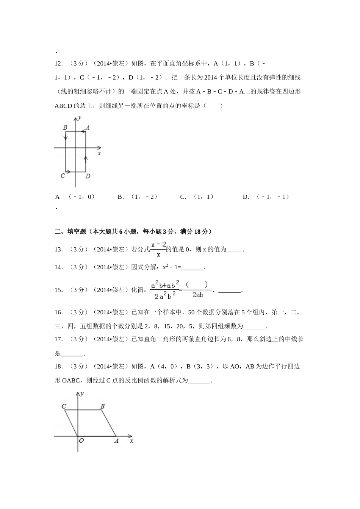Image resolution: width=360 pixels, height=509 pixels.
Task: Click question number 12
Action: tap(59, 64)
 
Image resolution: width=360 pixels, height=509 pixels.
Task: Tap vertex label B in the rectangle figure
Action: tap(65, 128)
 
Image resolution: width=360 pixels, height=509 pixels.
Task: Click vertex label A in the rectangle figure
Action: tap(88, 128)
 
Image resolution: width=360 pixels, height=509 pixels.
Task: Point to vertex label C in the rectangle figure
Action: tap(63, 176)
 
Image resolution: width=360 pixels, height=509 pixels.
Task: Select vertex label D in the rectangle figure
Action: tap(88, 176)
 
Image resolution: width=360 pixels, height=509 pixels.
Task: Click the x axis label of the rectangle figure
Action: tap(99, 154)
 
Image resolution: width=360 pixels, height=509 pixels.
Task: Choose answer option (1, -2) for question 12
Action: tap(144, 197)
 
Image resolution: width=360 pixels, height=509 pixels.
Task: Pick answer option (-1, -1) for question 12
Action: tap(272, 197)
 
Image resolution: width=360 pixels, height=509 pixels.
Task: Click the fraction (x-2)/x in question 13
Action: tap(158, 249)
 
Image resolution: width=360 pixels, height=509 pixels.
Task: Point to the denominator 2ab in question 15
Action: tap(197, 295)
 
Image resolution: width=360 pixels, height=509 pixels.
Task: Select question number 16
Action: tap(59, 312)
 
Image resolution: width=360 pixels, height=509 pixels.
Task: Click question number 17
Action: tap(59, 339)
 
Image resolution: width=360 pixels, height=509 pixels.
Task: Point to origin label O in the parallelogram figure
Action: tap(81, 441)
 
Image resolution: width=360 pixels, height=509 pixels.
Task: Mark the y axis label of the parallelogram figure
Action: tap(82, 394)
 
